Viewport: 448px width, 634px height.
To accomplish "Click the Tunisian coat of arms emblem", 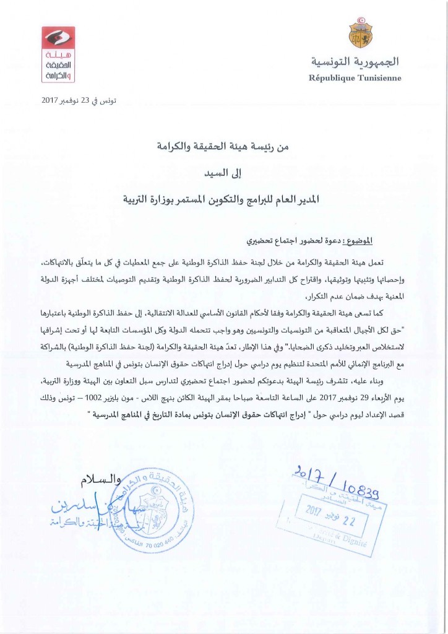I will click(x=360, y=35).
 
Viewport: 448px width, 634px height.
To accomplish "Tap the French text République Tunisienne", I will click(x=355, y=78).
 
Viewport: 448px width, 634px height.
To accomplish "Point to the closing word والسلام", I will click(x=92, y=480).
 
